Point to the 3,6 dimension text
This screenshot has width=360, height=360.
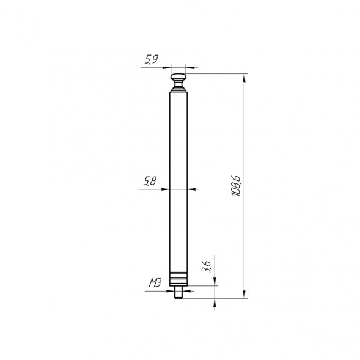[207, 266]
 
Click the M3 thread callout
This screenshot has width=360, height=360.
[155, 284]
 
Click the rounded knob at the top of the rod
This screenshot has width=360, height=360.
[178, 77]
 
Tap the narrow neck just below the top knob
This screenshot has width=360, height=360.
[178, 84]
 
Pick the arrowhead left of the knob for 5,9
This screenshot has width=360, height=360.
[168, 67]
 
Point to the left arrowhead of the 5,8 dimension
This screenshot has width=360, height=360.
[167, 189]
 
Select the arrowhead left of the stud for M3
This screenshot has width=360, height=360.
[173, 291]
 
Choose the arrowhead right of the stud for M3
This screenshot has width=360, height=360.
[184, 291]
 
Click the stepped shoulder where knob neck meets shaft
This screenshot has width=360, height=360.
[178, 89]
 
